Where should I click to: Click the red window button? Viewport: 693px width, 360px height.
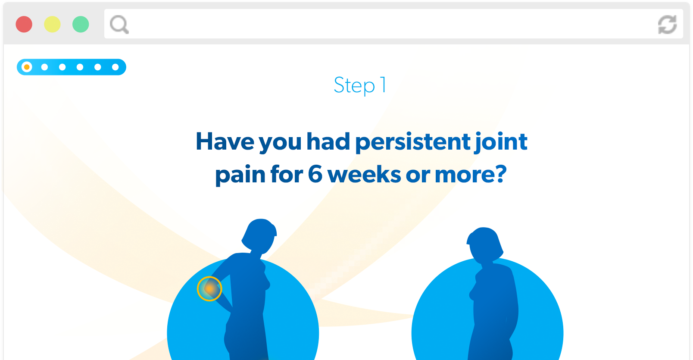tap(24, 24)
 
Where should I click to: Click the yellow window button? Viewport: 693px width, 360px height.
tap(52, 24)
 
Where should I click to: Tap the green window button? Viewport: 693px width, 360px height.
tap(81, 24)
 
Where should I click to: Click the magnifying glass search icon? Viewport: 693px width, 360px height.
tap(119, 25)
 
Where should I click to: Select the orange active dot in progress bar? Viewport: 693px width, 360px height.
tap(27, 67)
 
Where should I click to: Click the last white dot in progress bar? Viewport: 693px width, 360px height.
tap(115, 67)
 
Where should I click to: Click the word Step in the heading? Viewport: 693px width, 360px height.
tap(354, 85)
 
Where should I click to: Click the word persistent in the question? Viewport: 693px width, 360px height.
tap(412, 142)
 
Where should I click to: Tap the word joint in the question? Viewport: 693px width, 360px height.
tap(501, 142)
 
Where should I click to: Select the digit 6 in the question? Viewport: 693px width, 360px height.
tap(315, 174)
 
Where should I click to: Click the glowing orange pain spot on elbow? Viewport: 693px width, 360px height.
tap(209, 288)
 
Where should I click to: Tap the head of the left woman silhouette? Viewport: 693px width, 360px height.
tap(260, 235)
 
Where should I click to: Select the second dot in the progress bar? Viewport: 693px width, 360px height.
tap(44, 67)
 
